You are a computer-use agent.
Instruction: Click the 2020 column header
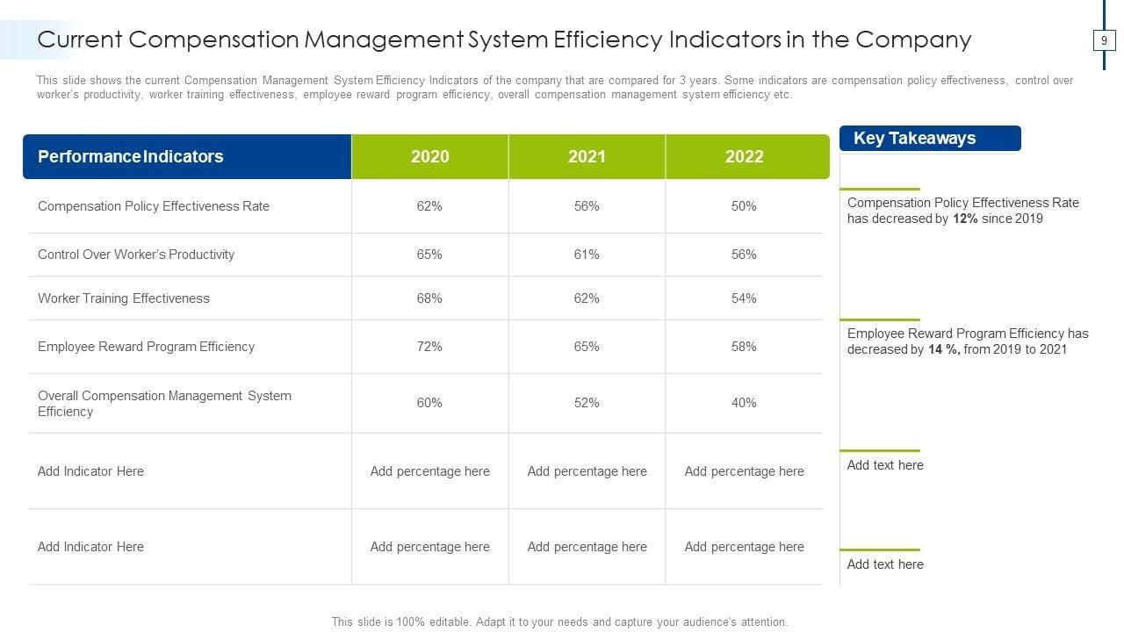429,156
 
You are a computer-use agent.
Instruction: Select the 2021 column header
587,156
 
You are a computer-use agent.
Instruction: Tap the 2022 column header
744,156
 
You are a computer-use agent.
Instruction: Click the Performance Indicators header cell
131,156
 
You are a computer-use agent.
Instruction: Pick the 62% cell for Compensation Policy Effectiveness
429,206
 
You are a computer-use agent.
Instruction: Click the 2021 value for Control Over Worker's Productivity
587,255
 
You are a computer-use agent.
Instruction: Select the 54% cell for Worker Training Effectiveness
744,298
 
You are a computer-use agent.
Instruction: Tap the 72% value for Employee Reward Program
429,347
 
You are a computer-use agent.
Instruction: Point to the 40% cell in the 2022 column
744,403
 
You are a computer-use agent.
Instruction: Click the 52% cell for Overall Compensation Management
587,403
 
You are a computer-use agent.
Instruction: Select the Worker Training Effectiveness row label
124,298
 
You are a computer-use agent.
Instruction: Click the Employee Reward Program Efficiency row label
146,347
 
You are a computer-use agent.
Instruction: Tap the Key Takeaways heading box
929,139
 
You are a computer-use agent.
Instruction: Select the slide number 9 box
1104,40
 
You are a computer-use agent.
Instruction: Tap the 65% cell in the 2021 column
587,347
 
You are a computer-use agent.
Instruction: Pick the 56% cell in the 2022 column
744,255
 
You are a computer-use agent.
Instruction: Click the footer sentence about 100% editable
559,621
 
